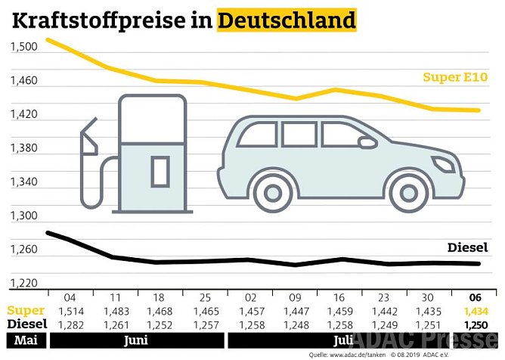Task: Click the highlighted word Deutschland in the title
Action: (x=287, y=20)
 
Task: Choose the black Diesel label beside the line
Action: (x=468, y=247)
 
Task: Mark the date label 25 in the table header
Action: (x=206, y=297)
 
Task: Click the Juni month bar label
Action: (x=138, y=340)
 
